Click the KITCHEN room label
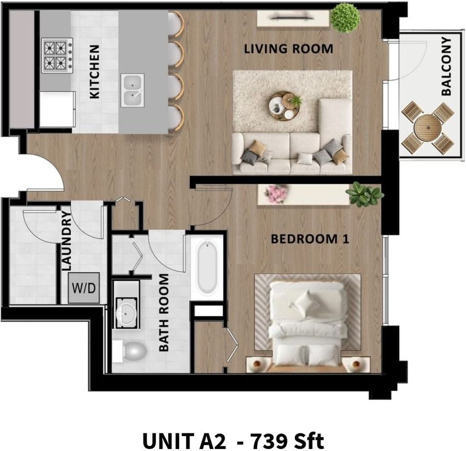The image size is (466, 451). pos(95,72)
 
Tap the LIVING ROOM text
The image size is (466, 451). pos(288,49)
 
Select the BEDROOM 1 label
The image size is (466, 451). pos(310,239)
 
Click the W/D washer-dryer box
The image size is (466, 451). pos(84,288)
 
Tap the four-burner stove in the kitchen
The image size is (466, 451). pos(57,55)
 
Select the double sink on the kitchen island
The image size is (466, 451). pos(132,90)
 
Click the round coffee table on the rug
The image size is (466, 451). pos(284,105)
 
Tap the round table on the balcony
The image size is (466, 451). pos(428,128)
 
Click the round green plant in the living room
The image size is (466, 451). pos(345,18)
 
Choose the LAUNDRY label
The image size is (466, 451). pos(67,241)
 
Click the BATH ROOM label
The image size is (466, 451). pos(164,313)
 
